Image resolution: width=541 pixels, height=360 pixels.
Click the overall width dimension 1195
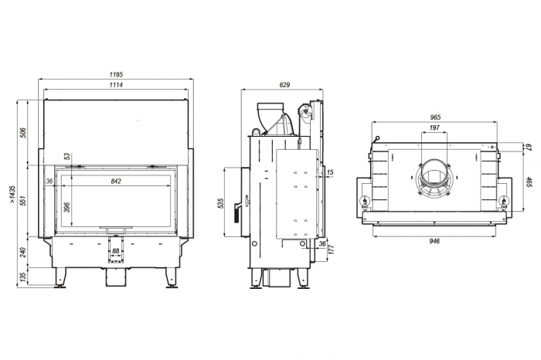coord(116,75)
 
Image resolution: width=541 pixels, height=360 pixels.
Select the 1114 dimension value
coord(116,84)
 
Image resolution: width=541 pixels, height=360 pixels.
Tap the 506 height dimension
coord(24,131)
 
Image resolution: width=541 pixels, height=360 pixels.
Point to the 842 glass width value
coord(116,182)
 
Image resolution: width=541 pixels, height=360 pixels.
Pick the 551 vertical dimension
coord(24,201)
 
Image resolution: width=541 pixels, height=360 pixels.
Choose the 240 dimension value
coord(24,252)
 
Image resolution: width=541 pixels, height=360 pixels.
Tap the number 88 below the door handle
coord(116,251)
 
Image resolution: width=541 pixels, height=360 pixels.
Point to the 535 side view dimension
coord(222,205)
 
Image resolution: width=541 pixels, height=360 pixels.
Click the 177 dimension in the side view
coord(331,249)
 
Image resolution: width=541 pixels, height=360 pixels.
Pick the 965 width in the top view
coord(435,117)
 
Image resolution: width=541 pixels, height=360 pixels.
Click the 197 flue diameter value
coord(434,127)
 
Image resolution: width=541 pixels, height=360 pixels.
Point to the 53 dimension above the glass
coord(68,157)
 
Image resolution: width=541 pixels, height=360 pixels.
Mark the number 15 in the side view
coord(330,172)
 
